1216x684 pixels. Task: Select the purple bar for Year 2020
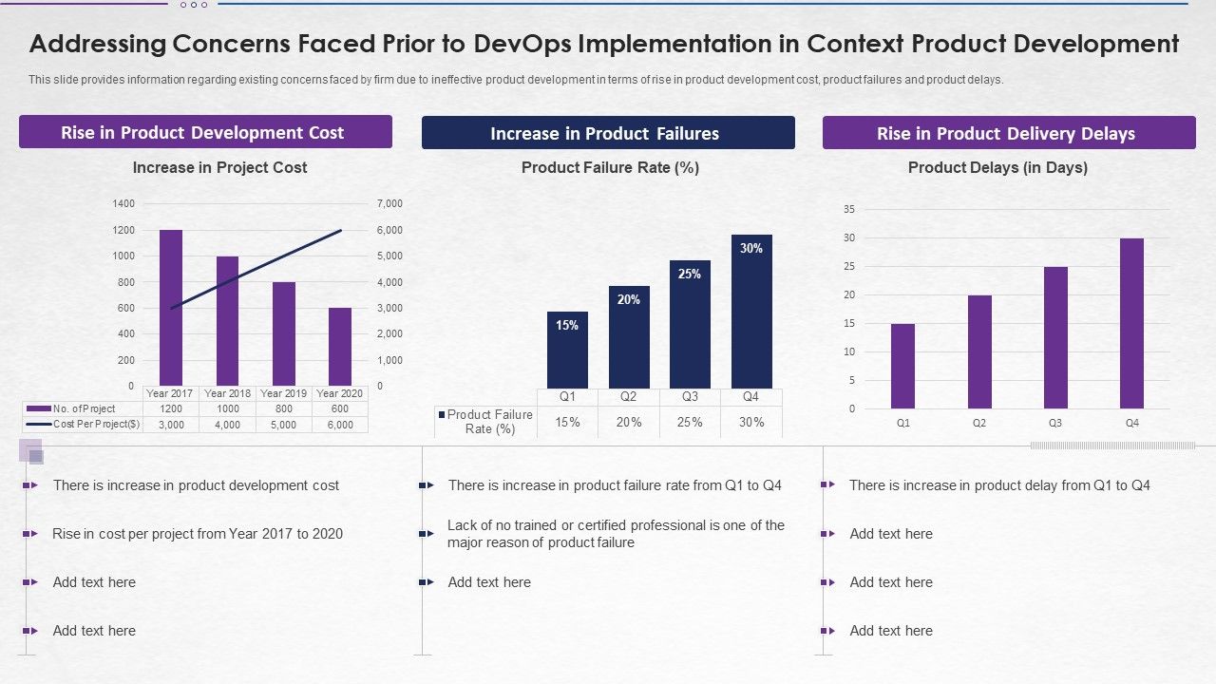[340, 346]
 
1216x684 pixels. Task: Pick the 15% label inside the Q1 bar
[567, 325]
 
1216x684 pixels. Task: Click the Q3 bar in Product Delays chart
[1055, 337]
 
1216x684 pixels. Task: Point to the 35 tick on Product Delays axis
[849, 209]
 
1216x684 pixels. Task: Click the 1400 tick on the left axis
[124, 203]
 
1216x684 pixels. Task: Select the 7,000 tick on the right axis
[390, 203]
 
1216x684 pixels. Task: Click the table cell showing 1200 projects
[171, 408]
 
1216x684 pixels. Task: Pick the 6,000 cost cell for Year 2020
[340, 425]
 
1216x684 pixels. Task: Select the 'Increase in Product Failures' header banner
[608, 133]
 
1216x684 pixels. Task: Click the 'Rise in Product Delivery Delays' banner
[1008, 133]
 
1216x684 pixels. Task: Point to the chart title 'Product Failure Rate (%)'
[610, 167]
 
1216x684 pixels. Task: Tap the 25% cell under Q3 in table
[690, 422]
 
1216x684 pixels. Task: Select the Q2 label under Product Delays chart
[979, 423]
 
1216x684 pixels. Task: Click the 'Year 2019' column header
[284, 393]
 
